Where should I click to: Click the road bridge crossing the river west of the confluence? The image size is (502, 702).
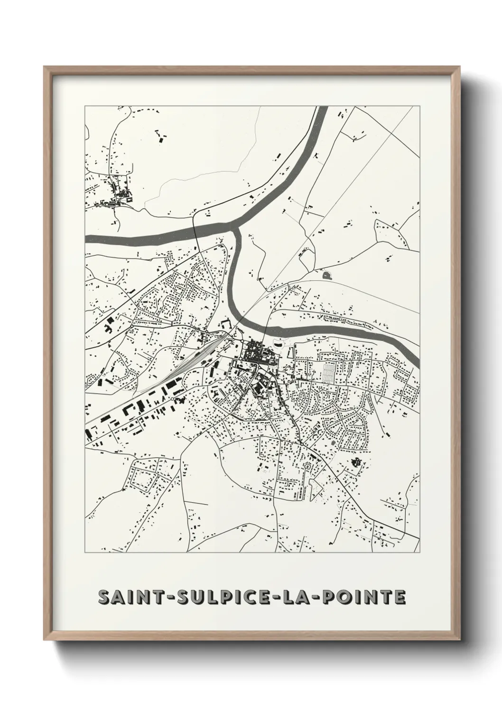click(x=196, y=232)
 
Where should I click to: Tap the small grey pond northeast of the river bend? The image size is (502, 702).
click(x=326, y=274)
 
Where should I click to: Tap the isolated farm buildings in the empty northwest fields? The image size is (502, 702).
click(x=161, y=138)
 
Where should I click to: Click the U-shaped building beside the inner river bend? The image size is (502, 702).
click(x=227, y=325)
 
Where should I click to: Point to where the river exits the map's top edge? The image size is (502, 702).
click(x=322, y=108)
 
